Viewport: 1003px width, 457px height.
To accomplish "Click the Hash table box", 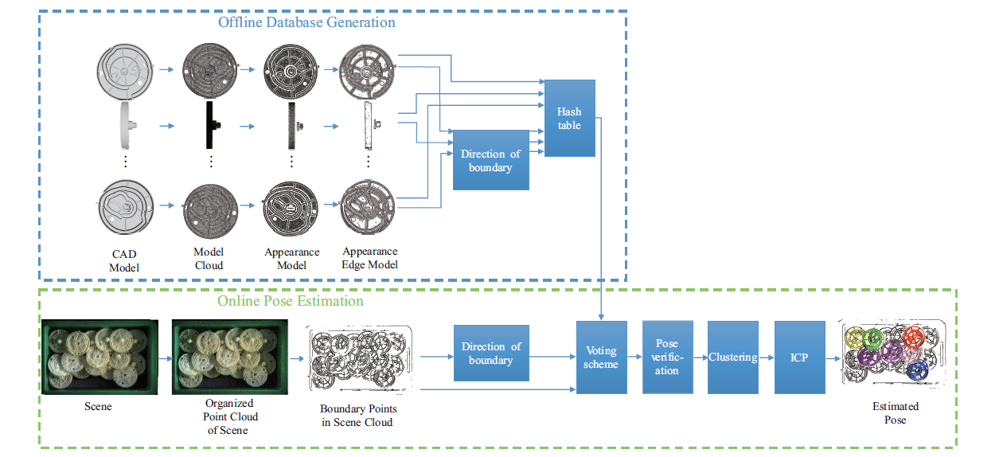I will tap(569, 118).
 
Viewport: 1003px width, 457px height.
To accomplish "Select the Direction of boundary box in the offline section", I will tap(490, 160).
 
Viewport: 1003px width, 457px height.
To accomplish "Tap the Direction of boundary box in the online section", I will tap(490, 353).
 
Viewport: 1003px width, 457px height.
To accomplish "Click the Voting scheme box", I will tap(601, 357).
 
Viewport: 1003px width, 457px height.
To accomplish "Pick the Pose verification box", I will tap(667, 357).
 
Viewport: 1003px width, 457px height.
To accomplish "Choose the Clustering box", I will tap(733, 357).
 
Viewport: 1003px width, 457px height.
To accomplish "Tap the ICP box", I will tap(799, 357).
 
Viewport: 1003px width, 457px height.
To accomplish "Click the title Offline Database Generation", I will tap(306, 22).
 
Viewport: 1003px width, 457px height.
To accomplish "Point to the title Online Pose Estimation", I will tap(291, 301).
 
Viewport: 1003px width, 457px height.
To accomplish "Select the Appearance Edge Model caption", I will tap(369, 258).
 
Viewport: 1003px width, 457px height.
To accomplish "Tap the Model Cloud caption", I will tap(209, 259).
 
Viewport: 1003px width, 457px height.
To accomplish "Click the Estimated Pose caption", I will tap(895, 412).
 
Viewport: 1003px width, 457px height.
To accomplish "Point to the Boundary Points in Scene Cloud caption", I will tap(357, 415).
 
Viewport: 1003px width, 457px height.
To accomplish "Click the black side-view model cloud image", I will tap(211, 125).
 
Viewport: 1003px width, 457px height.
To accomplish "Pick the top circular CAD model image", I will tap(126, 70).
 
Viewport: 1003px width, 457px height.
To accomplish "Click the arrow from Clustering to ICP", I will tap(767, 358).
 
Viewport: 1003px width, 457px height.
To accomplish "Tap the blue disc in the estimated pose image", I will tap(917, 370).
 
